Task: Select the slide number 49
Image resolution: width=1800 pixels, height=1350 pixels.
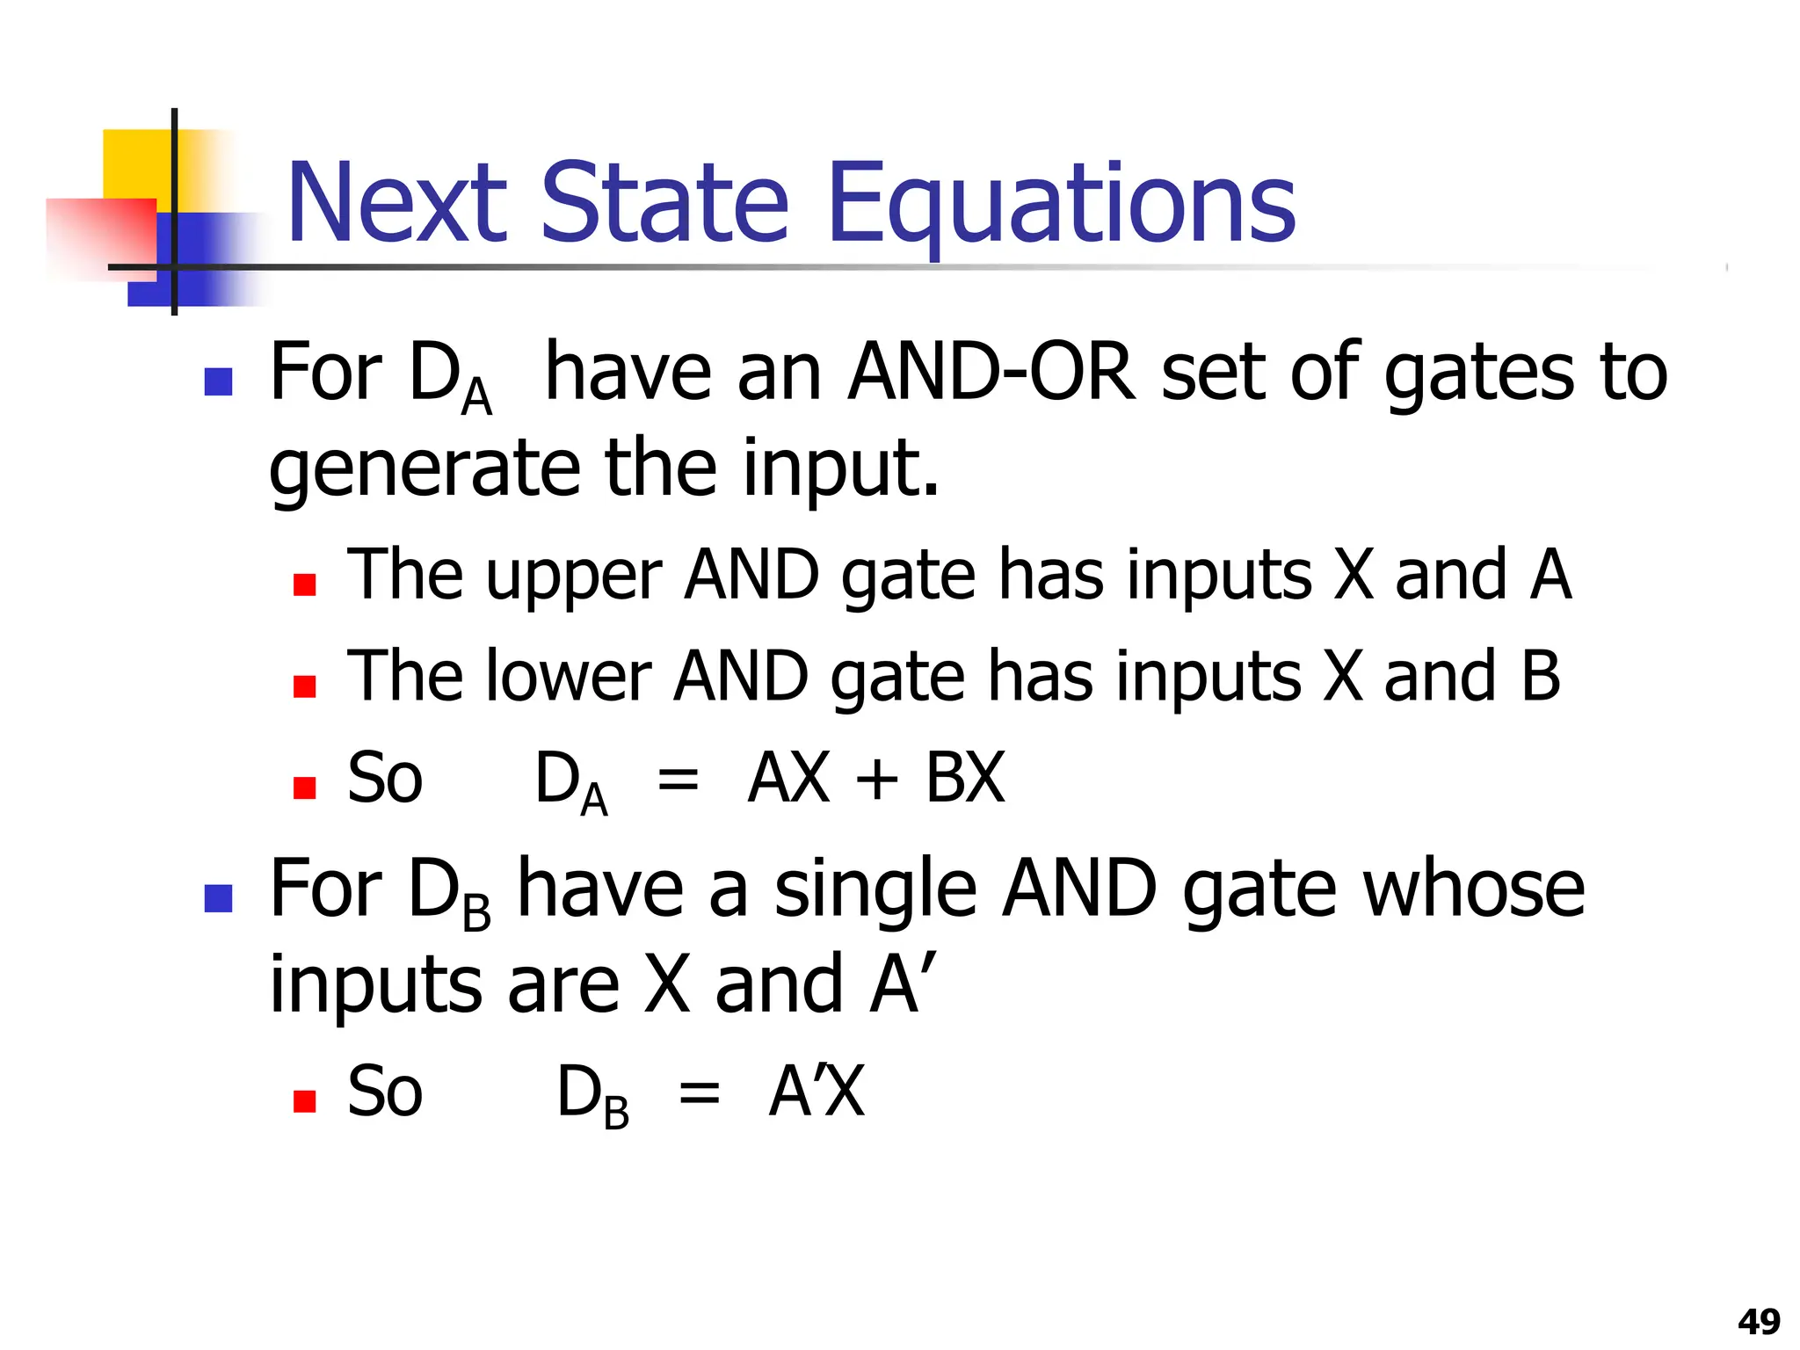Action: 1759,1321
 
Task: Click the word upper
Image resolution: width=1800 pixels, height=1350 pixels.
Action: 573,576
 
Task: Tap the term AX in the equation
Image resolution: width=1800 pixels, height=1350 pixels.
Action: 788,778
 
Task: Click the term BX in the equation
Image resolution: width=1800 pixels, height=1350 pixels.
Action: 964,778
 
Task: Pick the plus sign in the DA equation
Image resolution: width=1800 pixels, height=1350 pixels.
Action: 876,780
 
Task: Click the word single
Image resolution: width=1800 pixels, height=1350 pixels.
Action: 875,889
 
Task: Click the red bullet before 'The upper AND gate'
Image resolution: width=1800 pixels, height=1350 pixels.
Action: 304,584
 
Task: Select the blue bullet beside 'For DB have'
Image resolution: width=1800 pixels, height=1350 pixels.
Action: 218,898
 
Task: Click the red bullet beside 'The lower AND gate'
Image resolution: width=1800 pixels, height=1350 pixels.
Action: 304,686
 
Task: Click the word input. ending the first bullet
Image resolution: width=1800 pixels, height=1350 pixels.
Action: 841,468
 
